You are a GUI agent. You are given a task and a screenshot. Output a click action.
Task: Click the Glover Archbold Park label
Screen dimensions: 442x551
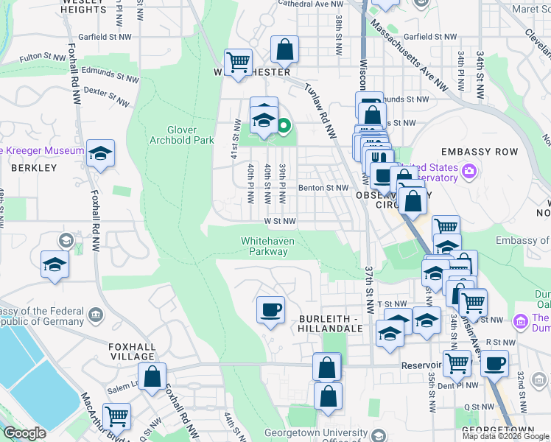click(180, 134)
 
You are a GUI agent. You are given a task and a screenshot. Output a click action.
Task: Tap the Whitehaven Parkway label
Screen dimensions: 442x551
click(264, 246)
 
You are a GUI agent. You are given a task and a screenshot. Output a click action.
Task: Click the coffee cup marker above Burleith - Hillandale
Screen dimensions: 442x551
click(270, 309)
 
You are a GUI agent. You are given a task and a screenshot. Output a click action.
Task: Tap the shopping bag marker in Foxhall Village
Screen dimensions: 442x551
click(152, 376)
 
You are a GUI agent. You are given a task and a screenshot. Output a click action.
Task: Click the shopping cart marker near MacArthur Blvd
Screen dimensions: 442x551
click(116, 416)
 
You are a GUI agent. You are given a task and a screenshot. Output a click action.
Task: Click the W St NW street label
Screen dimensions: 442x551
click(280, 220)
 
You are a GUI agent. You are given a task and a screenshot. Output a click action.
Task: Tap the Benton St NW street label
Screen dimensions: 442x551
click(323, 188)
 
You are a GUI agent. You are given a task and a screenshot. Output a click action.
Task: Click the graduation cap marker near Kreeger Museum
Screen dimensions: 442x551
click(100, 153)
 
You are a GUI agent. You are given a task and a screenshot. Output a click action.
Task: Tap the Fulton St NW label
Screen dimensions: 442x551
click(43, 56)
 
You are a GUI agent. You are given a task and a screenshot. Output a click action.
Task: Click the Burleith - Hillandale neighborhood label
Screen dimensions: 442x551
click(329, 323)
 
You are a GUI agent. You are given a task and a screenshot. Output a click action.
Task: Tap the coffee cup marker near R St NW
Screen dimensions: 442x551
click(495, 362)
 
